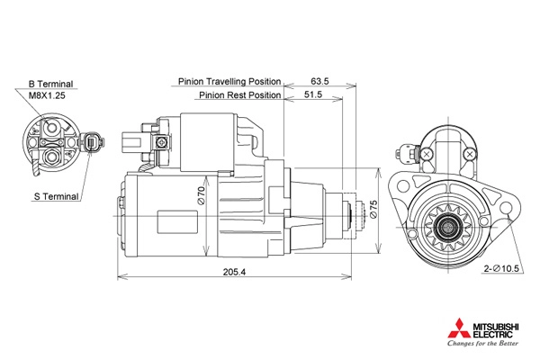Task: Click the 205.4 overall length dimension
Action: [235, 272]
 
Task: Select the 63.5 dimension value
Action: [319, 81]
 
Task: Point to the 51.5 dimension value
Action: [313, 94]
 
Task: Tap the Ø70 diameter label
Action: [202, 195]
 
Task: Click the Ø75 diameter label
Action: [373, 209]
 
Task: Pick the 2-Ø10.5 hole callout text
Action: [501, 268]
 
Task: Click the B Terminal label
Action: [50, 84]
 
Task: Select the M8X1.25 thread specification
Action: [47, 95]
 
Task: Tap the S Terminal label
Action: [57, 196]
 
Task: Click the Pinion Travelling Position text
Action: [229, 82]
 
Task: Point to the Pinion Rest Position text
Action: [240, 94]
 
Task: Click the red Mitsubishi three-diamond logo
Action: [459, 328]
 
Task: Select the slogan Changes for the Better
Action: [482, 343]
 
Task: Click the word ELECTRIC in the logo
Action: [493, 334]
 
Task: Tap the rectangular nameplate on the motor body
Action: [177, 222]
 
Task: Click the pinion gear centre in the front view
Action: [448, 228]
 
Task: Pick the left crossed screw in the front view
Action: [427, 154]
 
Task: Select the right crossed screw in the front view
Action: [469, 154]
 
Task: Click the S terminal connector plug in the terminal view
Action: [93, 141]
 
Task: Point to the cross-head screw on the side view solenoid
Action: [161, 141]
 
